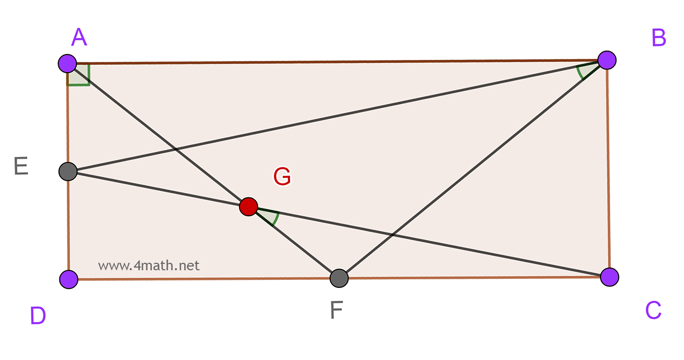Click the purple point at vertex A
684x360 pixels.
(67, 63)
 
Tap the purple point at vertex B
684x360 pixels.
(607, 60)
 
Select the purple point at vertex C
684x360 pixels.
(609, 277)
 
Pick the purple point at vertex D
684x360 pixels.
(69, 279)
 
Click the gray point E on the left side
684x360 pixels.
(68, 171)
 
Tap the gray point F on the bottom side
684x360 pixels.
(339, 278)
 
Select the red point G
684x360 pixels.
(248, 206)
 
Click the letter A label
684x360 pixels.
(79, 37)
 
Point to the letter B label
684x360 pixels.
(658, 38)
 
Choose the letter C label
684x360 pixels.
(653, 310)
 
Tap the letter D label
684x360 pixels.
(38, 316)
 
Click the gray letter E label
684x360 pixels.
(21, 167)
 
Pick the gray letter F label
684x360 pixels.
(336, 310)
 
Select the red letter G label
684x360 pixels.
(282, 177)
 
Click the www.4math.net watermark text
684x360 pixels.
(149, 265)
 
